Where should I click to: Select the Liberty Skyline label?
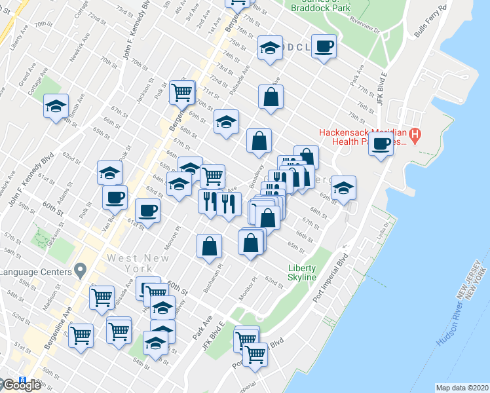coord(303,272)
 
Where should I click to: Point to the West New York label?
coord(130,263)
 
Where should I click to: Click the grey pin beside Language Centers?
coord(81,269)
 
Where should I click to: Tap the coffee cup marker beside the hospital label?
coord(381,144)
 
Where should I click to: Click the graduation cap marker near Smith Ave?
coord(56,106)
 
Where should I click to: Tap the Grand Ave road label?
coord(27,78)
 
